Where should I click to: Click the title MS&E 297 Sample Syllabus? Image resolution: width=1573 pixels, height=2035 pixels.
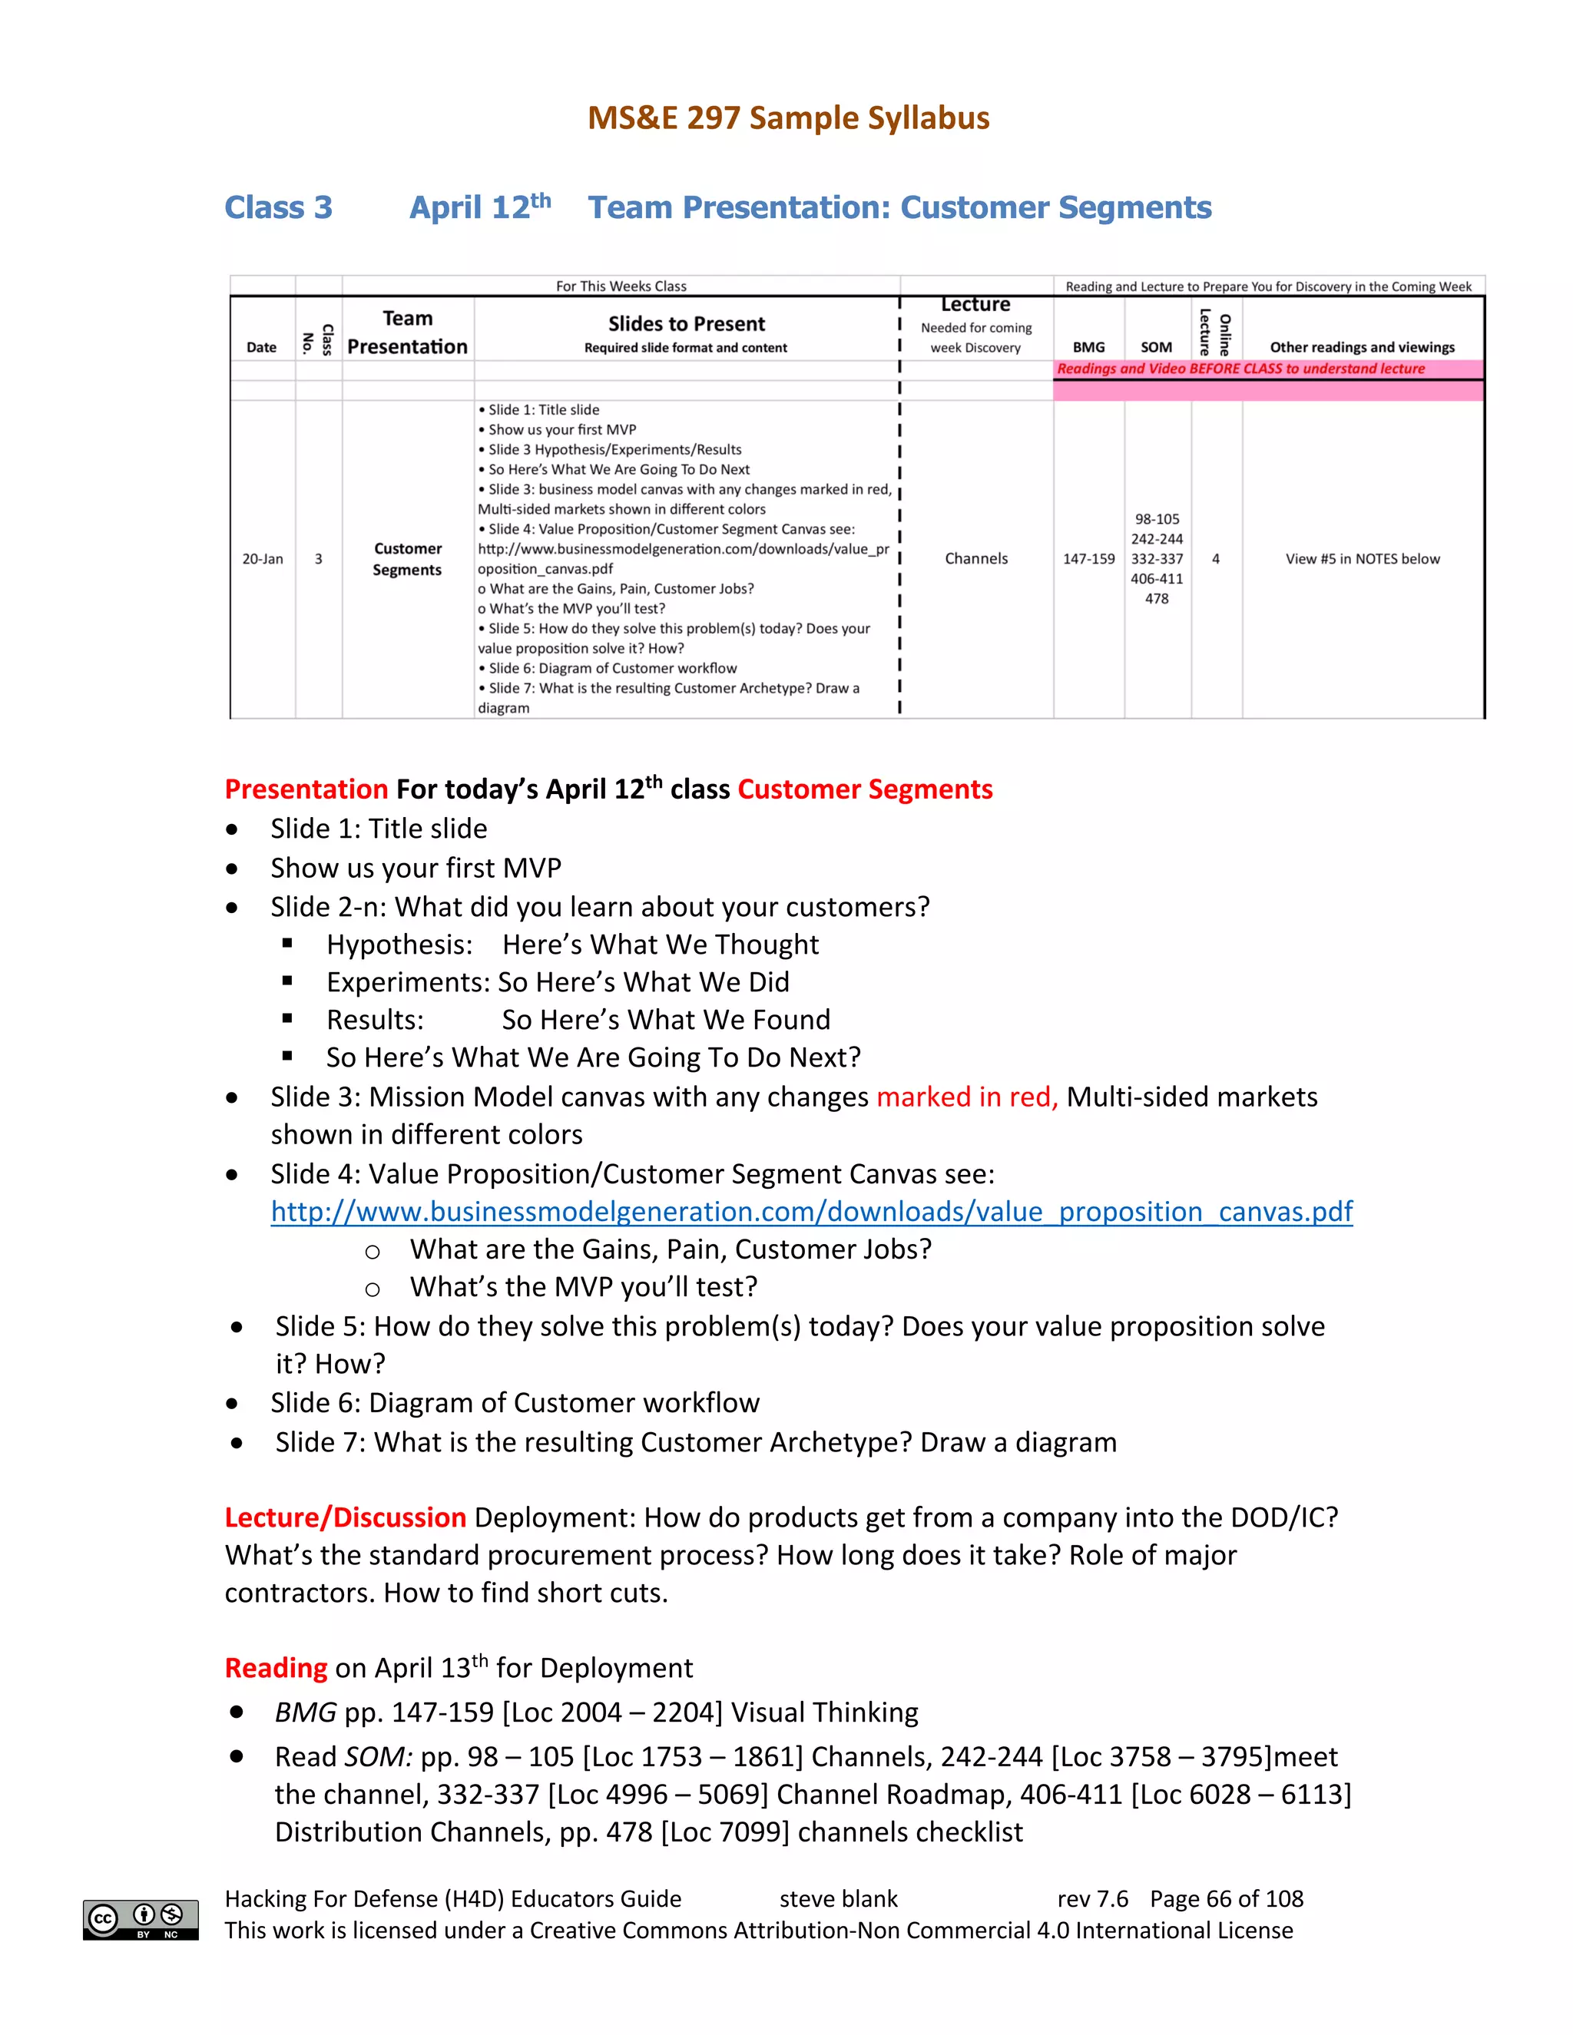tap(787, 118)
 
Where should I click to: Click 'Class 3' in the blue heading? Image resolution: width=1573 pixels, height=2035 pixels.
tap(279, 207)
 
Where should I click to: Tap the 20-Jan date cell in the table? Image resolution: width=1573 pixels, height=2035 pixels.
tap(262, 559)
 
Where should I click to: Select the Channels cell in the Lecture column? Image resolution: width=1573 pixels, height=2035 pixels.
tap(975, 559)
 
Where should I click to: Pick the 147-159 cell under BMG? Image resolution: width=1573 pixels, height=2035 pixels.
tap(1088, 559)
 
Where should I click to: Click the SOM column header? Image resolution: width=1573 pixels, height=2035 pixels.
tap(1157, 346)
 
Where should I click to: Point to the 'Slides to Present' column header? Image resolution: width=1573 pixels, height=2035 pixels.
tap(686, 324)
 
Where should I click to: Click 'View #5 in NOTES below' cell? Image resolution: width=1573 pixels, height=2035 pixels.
tap(1362, 559)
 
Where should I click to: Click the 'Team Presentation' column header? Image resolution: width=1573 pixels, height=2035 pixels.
tap(407, 333)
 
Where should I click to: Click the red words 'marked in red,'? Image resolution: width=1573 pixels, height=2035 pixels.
tap(966, 1097)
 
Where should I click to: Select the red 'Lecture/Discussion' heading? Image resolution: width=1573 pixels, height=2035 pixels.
tap(345, 1518)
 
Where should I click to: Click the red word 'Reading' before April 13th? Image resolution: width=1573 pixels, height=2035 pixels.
tap(276, 1668)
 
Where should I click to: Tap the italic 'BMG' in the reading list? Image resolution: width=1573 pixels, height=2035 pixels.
tap(305, 1712)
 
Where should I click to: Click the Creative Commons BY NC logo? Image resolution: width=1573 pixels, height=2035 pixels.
tap(141, 1920)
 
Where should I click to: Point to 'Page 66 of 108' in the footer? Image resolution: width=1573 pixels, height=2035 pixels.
tap(1227, 1899)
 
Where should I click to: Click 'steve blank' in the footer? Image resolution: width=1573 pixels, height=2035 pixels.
tap(838, 1899)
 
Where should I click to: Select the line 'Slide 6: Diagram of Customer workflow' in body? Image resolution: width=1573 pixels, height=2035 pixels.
tap(515, 1403)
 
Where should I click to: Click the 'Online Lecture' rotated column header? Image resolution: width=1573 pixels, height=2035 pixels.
tap(1215, 333)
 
